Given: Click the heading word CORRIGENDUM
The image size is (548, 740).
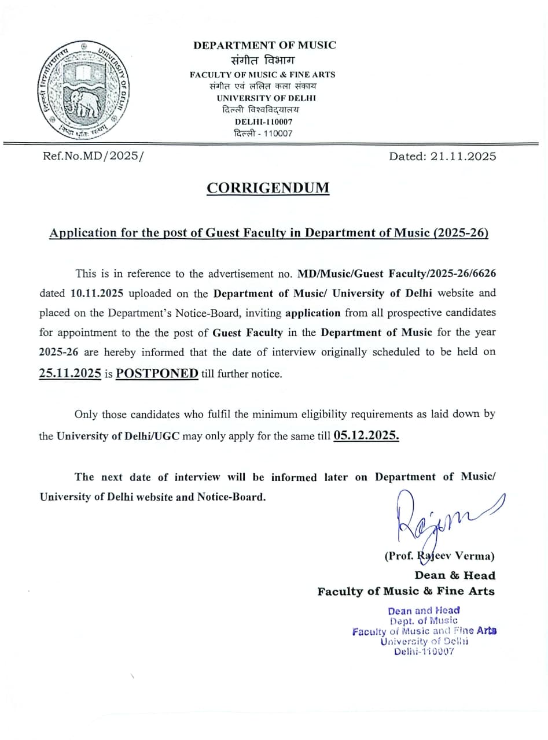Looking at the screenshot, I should click(268, 188).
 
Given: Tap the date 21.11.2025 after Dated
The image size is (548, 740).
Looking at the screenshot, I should click(463, 156).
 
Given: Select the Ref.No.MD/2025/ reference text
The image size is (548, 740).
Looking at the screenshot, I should click(93, 156).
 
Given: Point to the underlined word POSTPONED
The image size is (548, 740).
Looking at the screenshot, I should click(157, 373).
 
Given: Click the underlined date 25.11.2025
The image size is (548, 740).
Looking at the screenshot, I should click(71, 373).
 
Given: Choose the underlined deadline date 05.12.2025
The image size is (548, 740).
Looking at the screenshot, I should click(366, 435).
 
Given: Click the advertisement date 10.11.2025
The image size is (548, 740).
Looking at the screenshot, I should click(97, 293).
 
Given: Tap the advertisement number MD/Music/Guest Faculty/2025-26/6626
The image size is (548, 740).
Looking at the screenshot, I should click(397, 273).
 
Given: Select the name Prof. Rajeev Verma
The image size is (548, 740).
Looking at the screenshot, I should click(440, 556).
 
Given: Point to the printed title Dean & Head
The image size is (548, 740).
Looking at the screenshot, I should click(455, 575).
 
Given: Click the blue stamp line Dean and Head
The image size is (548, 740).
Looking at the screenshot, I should click(424, 610).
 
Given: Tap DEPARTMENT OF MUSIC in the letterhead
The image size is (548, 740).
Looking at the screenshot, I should click(264, 45).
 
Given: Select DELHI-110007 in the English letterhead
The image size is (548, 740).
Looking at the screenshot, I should click(263, 122).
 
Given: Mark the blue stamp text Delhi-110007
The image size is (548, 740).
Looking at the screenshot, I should click(424, 652).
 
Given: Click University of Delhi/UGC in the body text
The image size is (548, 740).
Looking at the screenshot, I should click(118, 436).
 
